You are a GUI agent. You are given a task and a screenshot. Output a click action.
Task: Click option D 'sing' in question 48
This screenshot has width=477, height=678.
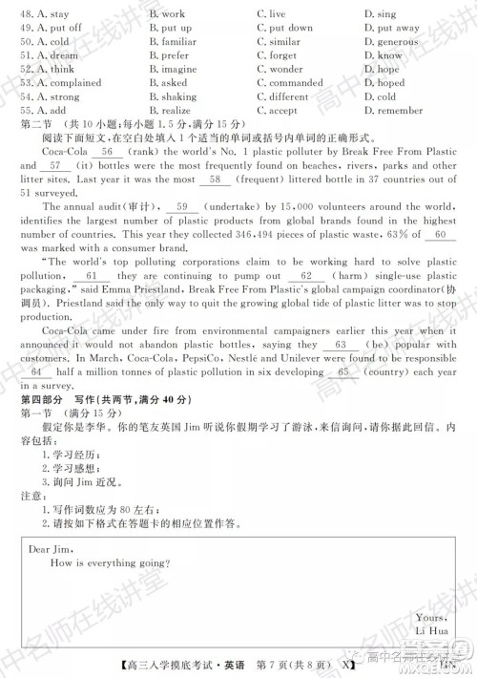[384, 14]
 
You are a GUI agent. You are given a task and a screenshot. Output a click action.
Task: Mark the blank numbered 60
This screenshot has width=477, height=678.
[438, 234]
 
